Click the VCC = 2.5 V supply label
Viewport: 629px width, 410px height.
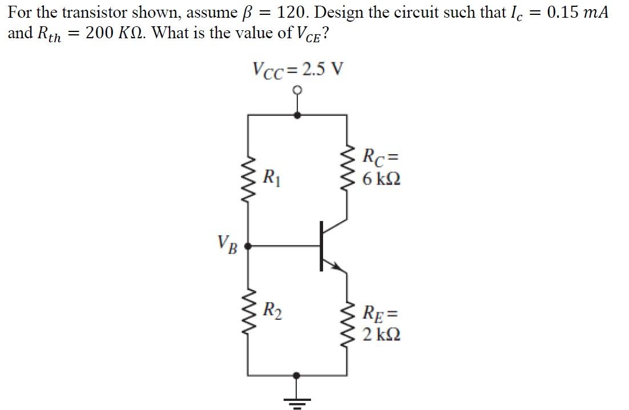pyautogui.click(x=298, y=70)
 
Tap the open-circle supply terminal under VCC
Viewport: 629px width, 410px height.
pyautogui.click(x=297, y=90)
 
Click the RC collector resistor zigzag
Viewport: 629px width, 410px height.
pyautogui.click(x=346, y=169)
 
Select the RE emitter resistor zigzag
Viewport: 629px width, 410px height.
pyautogui.click(x=346, y=324)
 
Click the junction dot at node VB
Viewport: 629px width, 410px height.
pyautogui.click(x=248, y=246)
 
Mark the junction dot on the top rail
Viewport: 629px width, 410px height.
pyautogui.click(x=297, y=115)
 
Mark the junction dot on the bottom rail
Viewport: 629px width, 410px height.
pyautogui.click(x=296, y=375)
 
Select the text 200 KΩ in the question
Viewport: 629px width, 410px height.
pyautogui.click(x=112, y=34)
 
